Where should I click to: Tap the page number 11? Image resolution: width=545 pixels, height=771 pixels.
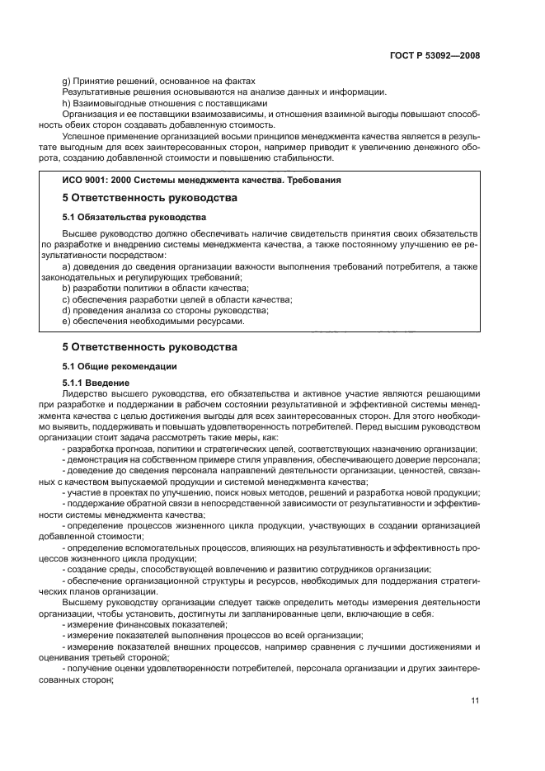point(475,700)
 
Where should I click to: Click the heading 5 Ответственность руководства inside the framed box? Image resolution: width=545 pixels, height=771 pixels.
point(150,199)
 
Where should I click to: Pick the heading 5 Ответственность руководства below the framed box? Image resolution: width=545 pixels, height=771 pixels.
point(150,347)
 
